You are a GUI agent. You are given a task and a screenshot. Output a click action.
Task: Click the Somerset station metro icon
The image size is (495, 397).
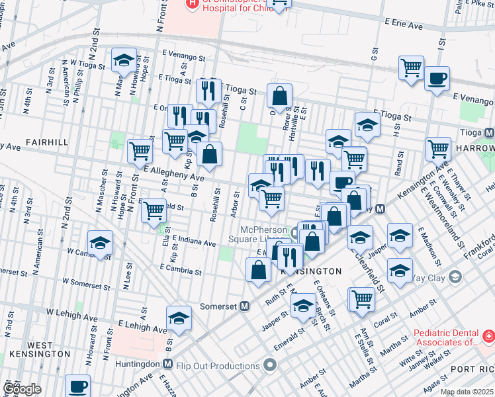(x=245, y=306)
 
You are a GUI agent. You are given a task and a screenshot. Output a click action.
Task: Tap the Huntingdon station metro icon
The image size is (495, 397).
(x=168, y=363)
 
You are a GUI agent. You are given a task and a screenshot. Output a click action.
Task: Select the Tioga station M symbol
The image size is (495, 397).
(x=489, y=132)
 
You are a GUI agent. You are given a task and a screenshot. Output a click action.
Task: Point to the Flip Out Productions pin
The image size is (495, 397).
(x=270, y=365)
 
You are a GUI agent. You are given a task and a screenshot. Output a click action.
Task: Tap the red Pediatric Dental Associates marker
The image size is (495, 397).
(x=488, y=337)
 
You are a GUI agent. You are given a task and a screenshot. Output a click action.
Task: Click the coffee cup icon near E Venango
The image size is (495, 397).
(x=437, y=78)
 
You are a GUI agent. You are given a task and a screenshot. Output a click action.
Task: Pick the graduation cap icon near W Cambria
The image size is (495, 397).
(x=101, y=242)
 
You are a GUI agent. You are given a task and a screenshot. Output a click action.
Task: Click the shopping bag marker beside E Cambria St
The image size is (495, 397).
(x=258, y=269)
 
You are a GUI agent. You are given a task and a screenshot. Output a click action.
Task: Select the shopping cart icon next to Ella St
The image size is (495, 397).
(x=154, y=210)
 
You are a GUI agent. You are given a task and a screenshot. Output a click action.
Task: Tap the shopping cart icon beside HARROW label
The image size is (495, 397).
(x=438, y=149)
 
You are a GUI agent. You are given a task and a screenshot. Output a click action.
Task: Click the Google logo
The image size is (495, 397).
(x=22, y=389)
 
